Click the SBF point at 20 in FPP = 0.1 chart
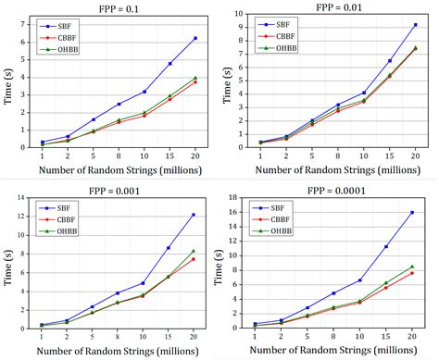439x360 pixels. pos(195,38)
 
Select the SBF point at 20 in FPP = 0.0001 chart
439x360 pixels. pos(412,213)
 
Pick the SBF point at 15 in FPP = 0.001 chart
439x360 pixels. pos(169,248)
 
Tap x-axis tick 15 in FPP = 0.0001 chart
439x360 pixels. pos(386,336)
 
